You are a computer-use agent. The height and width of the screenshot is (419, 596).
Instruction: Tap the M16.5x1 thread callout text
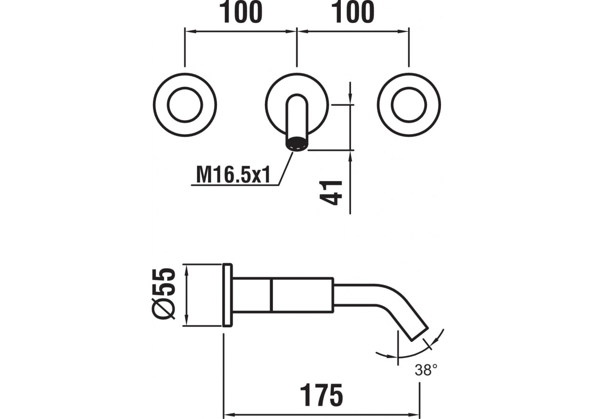233,175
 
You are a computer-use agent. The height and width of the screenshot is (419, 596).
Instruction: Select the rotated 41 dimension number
332,192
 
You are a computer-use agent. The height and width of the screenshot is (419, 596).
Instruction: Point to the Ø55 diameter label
164,294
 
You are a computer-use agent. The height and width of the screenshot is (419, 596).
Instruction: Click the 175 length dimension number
321,396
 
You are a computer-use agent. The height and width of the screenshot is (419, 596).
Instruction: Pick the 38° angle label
426,371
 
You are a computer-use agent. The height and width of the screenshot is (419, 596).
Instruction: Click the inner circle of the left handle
185,105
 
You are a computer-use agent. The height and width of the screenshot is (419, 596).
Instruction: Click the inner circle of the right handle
409,105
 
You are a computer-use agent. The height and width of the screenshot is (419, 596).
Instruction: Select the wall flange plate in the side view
228,295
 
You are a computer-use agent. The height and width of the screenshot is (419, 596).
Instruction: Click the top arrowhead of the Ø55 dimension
186,268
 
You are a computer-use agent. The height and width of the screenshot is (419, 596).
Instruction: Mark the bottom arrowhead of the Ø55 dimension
186,322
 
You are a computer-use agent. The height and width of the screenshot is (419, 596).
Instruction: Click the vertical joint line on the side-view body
271,295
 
